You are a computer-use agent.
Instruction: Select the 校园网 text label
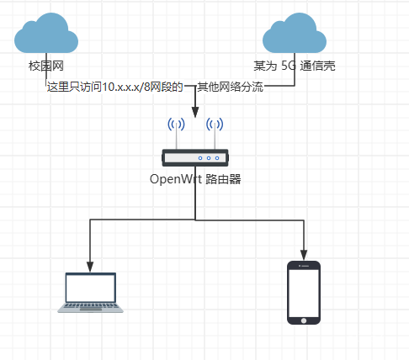[46, 65]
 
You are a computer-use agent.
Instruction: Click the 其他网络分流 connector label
[230, 87]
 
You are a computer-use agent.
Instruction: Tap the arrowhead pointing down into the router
[195, 112]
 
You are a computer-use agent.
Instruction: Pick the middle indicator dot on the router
[209, 157]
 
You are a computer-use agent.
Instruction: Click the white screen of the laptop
[91, 289]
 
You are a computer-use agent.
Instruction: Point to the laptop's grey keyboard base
[91, 308]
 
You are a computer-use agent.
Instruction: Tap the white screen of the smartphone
[305, 293]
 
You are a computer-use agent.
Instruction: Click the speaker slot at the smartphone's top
[305, 266]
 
